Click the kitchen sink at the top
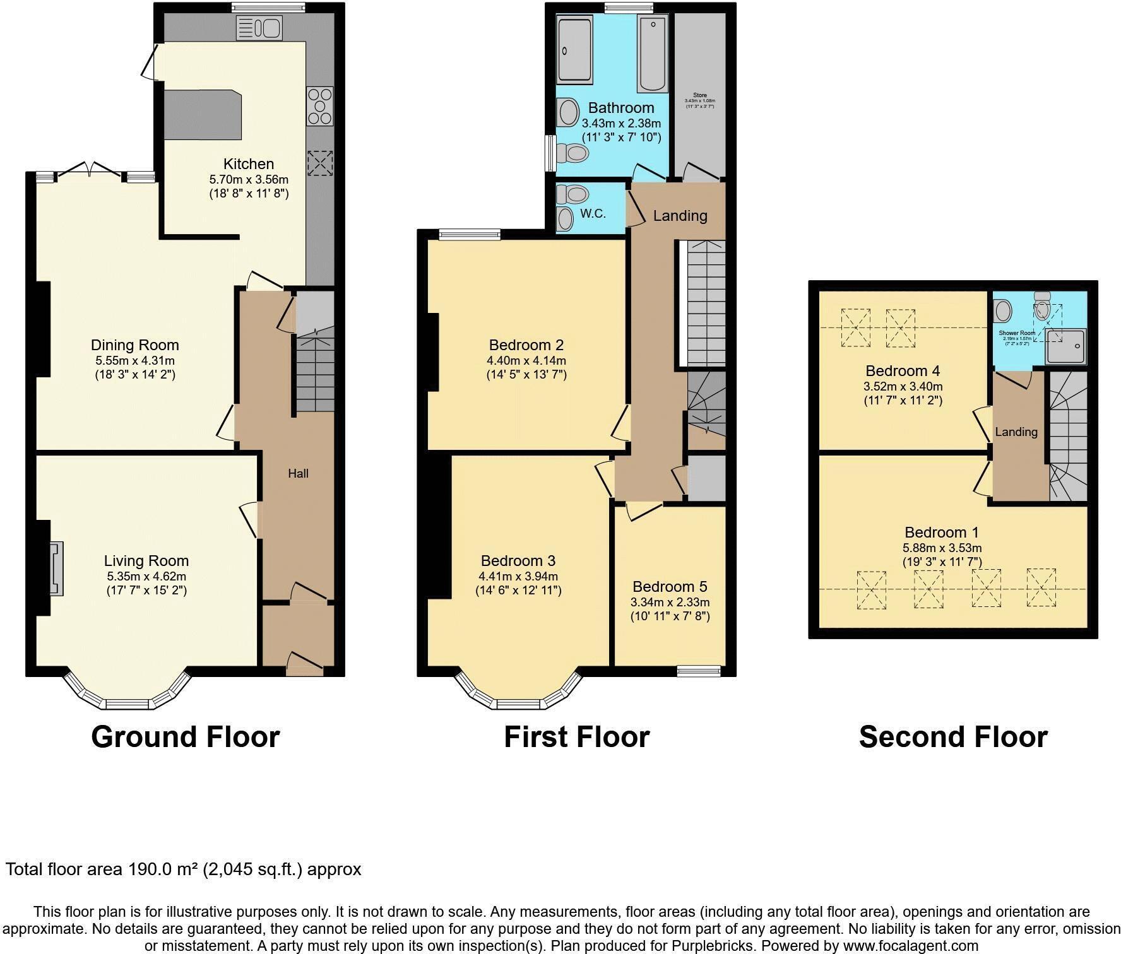pyautogui.click(x=259, y=28)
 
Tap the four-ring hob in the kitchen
pyautogui.click(x=319, y=106)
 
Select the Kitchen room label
pyautogui.click(x=249, y=164)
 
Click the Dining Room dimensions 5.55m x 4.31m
pyautogui.click(x=135, y=361)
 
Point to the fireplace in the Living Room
pyautogui.click(x=57, y=568)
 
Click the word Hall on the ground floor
pyautogui.click(x=298, y=473)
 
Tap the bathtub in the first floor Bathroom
pyautogui.click(x=652, y=54)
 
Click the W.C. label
pyautogui.click(x=593, y=213)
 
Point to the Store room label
pyautogui.click(x=699, y=95)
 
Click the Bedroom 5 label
pyautogui.click(x=670, y=587)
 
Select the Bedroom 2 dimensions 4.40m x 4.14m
pyautogui.click(x=526, y=361)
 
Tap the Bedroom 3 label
pyautogui.click(x=518, y=561)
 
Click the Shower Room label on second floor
pyautogui.click(x=1016, y=333)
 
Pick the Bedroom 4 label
pyautogui.click(x=903, y=370)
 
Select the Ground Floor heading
pyautogui.click(x=185, y=736)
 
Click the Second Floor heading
pyautogui.click(x=952, y=736)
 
